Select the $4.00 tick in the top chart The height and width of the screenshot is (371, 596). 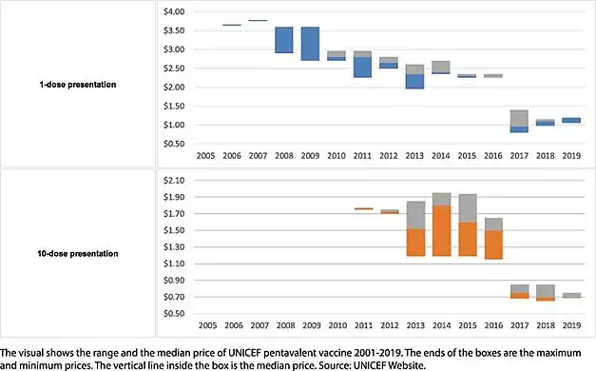tap(173, 11)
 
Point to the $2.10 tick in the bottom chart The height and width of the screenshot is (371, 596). tap(173, 181)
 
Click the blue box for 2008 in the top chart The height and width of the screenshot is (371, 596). tap(283, 40)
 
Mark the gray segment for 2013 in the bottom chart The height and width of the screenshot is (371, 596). tap(414, 215)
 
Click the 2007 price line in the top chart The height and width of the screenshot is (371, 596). tap(257, 20)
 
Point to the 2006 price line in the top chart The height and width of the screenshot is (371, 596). tap(231, 25)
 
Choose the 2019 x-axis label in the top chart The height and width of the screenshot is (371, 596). tap(572, 153)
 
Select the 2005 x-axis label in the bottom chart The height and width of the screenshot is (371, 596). tap(204, 322)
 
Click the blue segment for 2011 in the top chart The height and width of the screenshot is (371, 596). tap(362, 67)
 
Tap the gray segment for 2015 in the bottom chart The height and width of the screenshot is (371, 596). tap(468, 207)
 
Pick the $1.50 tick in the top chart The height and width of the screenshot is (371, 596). tap(173, 106)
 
